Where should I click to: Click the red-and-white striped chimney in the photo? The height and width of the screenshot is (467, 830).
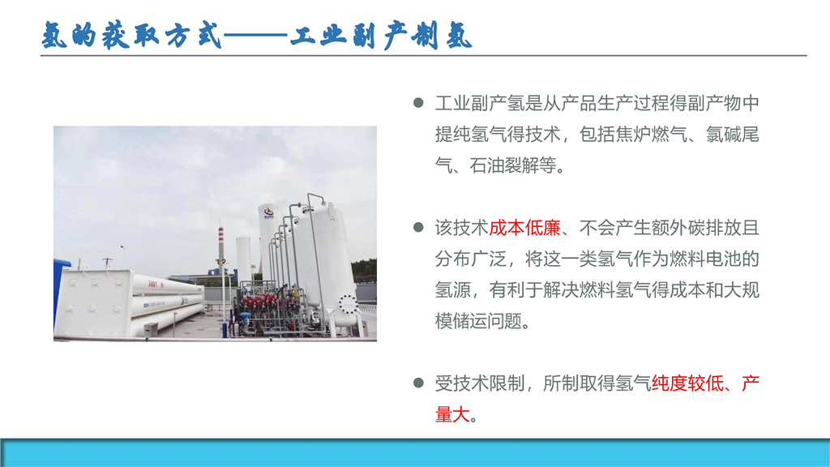tap(220, 248)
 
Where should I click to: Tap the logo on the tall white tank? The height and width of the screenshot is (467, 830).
tap(269, 213)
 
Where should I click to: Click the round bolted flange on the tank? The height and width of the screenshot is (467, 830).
tap(348, 304)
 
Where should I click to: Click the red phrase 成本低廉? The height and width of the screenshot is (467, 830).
tap(524, 228)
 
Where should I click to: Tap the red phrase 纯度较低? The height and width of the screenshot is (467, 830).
tap(687, 383)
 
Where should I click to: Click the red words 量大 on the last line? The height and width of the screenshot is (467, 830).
tap(452, 414)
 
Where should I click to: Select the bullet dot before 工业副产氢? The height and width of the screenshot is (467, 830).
tap(418, 103)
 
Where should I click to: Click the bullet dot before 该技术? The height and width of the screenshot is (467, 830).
tap(418, 228)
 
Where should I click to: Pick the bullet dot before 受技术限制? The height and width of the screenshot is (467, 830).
tap(418, 383)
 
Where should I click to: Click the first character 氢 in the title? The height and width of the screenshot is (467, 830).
tap(55, 36)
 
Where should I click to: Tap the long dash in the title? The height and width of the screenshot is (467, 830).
tap(255, 36)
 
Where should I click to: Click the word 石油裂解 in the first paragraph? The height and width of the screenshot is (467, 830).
tap(504, 165)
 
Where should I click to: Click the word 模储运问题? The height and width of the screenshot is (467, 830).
tap(478, 321)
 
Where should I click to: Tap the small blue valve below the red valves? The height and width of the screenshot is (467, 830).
tap(244, 318)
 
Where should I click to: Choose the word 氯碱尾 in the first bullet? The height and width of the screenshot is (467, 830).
tap(733, 135)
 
